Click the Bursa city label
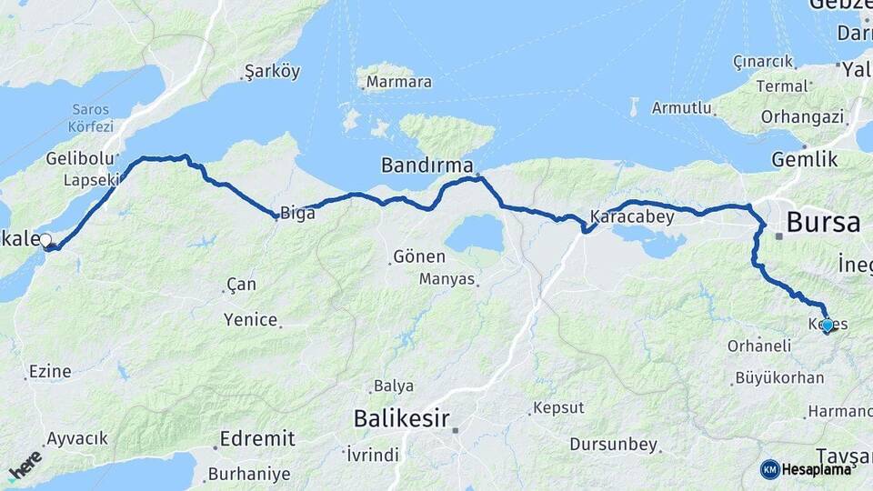(823, 223)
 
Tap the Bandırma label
(427, 165)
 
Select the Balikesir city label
(401, 419)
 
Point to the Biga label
(298, 214)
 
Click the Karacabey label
(632, 217)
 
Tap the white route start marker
(45, 241)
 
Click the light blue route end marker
(827, 325)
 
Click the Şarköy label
(272, 72)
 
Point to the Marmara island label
(398, 83)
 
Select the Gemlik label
(804, 159)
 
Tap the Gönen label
(419, 257)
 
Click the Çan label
(242, 285)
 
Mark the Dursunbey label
(613, 445)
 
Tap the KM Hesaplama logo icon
(770, 469)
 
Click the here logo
(25, 464)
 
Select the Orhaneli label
(757, 346)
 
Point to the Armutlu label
(681, 107)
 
